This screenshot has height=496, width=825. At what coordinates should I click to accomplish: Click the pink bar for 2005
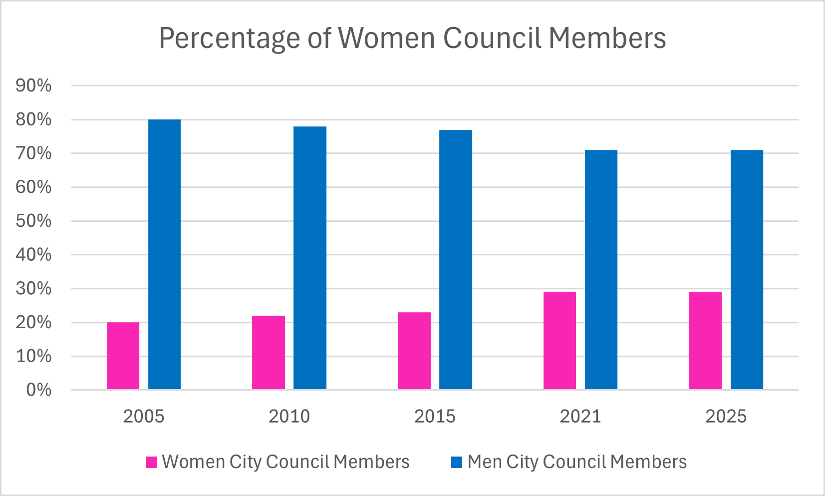tap(123, 356)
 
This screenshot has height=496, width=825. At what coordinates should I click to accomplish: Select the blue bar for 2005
tap(164, 255)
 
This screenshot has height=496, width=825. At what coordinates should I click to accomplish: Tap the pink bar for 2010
tap(269, 353)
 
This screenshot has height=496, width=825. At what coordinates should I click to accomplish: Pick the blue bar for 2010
tap(310, 258)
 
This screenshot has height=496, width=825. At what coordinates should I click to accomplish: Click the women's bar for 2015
tap(414, 351)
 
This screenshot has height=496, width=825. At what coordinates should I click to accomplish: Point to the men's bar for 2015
tap(456, 260)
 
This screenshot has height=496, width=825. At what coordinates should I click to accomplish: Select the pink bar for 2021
tap(559, 341)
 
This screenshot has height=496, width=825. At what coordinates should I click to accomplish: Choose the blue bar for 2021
tap(601, 270)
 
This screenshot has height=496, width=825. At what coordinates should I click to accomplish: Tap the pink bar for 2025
tap(705, 341)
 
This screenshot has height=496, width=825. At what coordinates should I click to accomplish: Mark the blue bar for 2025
tap(747, 270)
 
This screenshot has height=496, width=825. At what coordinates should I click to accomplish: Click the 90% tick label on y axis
tap(33, 86)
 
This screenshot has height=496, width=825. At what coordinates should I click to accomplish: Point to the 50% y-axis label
tap(33, 221)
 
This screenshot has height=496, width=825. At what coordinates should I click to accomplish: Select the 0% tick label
tap(38, 390)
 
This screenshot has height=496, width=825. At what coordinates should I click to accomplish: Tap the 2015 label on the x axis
tap(435, 416)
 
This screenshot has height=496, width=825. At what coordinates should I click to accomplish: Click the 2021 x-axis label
tap(580, 416)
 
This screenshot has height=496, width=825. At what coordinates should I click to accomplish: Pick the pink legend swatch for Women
tap(151, 462)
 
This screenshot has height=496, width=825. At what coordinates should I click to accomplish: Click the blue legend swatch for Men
tap(457, 462)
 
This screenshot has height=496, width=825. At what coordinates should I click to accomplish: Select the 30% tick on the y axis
tap(33, 288)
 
